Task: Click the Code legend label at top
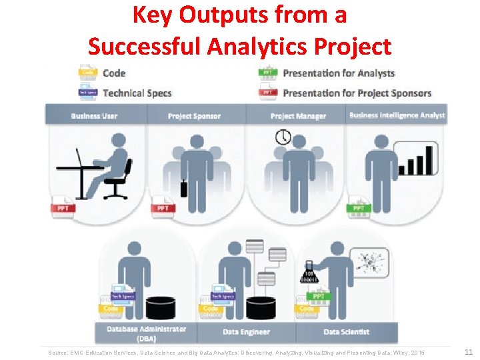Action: pyautogui.click(x=114, y=73)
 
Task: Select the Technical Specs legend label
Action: pyautogui.click(x=137, y=93)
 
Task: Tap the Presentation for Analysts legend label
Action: pyautogui.click(x=339, y=73)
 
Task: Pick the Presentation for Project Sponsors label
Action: pyautogui.click(x=357, y=93)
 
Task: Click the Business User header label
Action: pyautogui.click(x=94, y=116)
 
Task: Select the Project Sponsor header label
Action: pyautogui.click(x=194, y=116)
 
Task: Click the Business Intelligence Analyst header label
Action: pyautogui.click(x=397, y=115)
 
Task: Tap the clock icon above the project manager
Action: pyautogui.click(x=283, y=137)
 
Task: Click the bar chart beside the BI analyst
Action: pyautogui.click(x=416, y=159)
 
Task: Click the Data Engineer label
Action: pyautogui.click(x=247, y=331)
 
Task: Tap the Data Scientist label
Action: pyautogui.click(x=346, y=331)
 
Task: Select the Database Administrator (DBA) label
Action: pyautogui.click(x=146, y=333)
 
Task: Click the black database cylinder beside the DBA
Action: pyautogui.click(x=161, y=307)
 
